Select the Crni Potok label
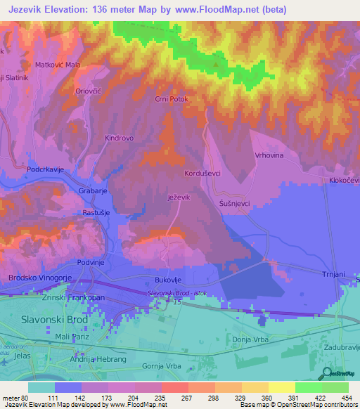pyautogui.click(x=172, y=100)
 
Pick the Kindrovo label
pyautogui.click(x=119, y=138)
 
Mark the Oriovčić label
pyautogui.click(x=89, y=91)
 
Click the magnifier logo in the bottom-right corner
pyautogui.click(x=326, y=373)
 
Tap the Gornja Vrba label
pyautogui.click(x=162, y=366)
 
